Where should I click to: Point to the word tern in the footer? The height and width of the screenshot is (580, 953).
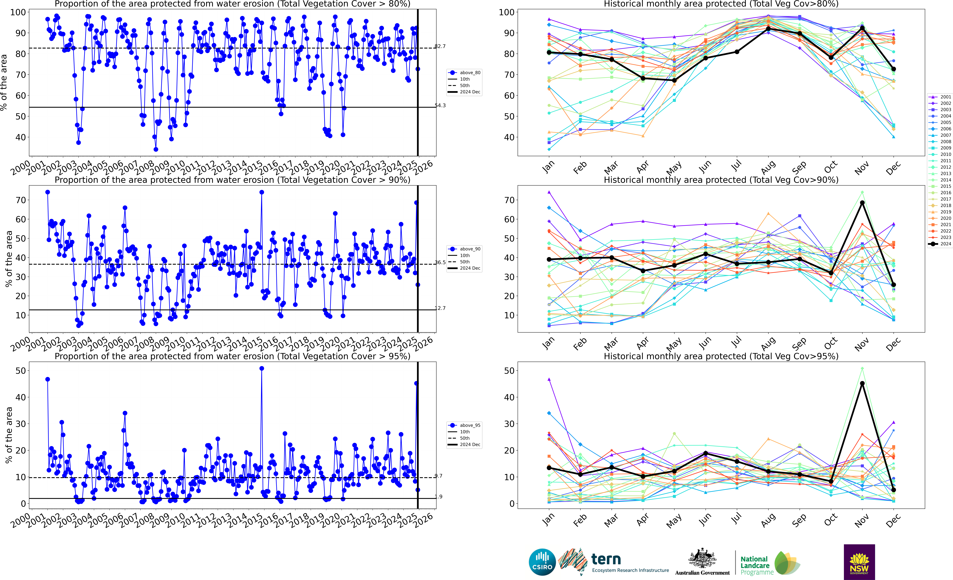(x=606, y=559)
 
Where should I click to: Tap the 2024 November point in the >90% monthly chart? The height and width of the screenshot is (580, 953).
(x=862, y=203)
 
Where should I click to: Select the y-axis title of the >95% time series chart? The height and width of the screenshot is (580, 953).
(x=9, y=435)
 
